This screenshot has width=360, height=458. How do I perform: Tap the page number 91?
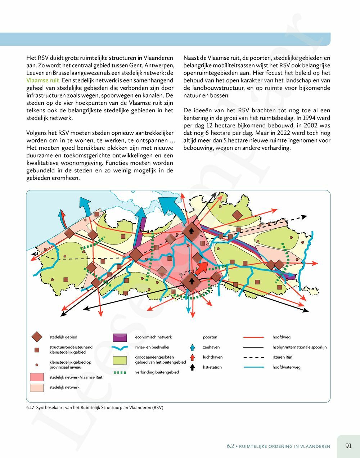[348, 446]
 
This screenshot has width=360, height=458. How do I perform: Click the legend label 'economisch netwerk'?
[153, 337]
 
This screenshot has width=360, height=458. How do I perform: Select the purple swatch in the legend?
[120, 338]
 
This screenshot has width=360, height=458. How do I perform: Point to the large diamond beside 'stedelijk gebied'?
[37, 337]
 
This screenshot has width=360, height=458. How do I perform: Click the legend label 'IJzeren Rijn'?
[282, 357]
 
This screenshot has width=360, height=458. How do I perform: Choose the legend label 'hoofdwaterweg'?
[286, 367]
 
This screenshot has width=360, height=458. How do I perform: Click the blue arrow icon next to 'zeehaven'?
[193, 347]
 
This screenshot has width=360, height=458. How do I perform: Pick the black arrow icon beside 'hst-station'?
[193, 367]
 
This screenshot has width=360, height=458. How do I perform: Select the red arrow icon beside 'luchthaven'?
[193, 357]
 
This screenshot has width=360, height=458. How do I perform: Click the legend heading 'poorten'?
[210, 337]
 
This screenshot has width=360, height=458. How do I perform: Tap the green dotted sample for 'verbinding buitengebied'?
[120, 372]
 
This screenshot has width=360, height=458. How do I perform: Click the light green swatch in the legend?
[120, 360]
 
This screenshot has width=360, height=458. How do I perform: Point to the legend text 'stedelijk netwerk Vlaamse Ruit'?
[76, 377]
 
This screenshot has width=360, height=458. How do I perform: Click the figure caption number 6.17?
[31, 408]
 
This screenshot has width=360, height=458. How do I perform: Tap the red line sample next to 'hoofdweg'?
[254, 337]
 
